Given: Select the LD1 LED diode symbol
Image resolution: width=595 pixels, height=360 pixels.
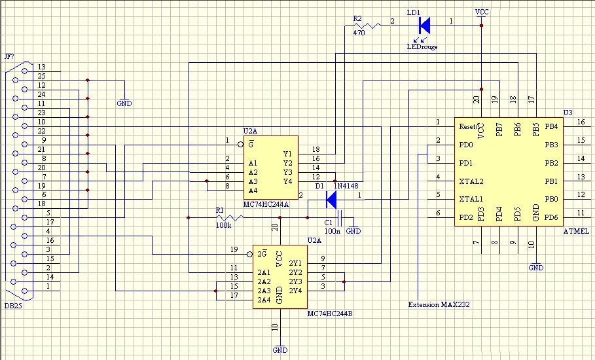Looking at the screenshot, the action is (425, 26).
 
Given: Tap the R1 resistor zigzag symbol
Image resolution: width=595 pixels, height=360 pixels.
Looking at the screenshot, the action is (230, 218).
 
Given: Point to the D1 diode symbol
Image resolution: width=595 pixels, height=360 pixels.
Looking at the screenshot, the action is (331, 200).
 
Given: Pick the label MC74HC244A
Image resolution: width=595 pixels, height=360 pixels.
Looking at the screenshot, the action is (266, 204).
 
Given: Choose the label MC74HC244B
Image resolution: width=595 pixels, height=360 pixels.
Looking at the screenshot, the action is (330, 314).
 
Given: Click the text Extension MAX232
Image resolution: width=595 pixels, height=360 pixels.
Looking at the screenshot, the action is (439, 304).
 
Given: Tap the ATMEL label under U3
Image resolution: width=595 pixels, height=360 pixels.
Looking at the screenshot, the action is (576, 231).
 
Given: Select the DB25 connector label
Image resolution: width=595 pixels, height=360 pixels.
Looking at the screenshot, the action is (13, 306).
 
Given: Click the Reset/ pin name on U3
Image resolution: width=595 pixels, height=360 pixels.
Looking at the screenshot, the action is (468, 126).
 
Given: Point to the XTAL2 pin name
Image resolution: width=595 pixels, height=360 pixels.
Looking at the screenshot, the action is (471, 181).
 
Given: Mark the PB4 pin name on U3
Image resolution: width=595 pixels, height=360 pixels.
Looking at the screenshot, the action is (551, 126).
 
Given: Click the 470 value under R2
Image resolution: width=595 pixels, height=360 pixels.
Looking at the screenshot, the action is (359, 33).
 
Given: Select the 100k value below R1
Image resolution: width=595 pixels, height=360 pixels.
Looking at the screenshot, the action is (223, 225).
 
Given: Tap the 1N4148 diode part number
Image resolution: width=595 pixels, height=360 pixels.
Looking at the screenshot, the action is (346, 186).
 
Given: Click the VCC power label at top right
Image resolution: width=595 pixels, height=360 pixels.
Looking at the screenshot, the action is (482, 12).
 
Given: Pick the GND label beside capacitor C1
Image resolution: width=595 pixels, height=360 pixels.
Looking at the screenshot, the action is (353, 230).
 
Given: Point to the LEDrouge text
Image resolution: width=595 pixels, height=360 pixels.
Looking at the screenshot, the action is (422, 46).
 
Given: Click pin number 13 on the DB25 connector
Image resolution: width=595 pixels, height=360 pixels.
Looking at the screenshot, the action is (42, 67).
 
